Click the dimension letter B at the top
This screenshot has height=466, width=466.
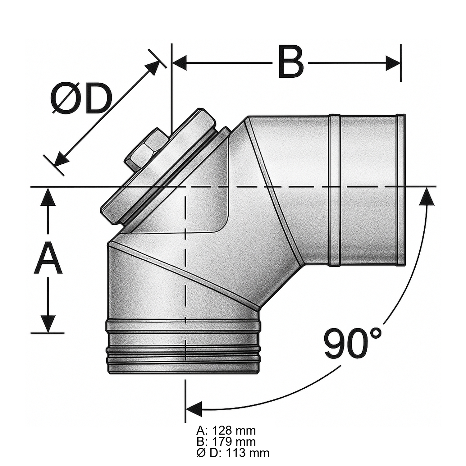point(291,62)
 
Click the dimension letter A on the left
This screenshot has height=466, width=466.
point(49,259)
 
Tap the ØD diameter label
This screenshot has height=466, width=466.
point(81,98)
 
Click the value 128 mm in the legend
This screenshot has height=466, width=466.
point(234,431)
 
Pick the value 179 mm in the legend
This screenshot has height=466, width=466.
point(234,441)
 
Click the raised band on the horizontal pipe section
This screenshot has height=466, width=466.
point(335,190)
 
